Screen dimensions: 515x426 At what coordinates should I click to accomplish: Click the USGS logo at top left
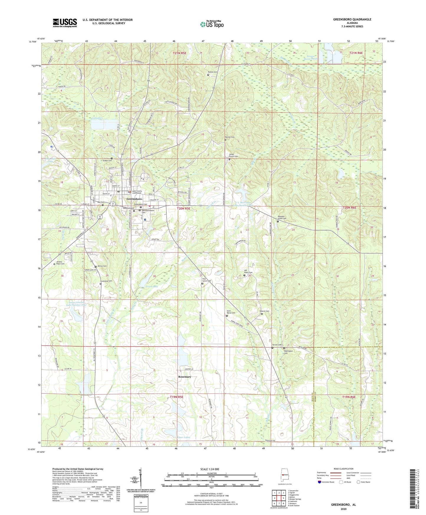click(x=65, y=22)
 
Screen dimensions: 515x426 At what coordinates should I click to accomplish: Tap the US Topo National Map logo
click(x=212, y=24)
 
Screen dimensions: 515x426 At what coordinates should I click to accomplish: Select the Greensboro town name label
click(x=134, y=199)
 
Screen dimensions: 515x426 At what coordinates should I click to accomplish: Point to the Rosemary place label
click(x=185, y=377)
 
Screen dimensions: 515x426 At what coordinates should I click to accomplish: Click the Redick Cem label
click(x=213, y=72)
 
